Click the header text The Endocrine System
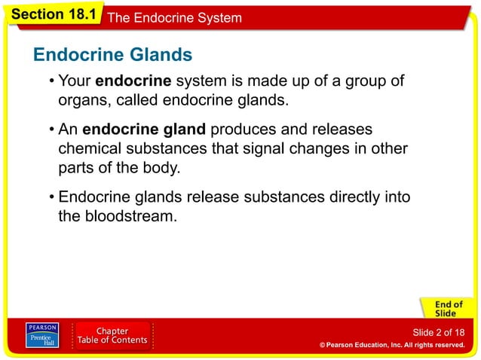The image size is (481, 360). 175,17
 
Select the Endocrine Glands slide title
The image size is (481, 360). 112,55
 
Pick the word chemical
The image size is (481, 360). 88,148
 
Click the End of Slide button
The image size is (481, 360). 444,308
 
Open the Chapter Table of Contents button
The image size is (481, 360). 112,336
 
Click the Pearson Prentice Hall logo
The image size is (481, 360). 42,336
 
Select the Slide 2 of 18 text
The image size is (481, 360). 438,332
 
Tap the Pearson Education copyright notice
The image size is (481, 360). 391,345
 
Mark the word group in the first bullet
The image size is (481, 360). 369,81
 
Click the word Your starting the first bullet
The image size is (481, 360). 75,81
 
